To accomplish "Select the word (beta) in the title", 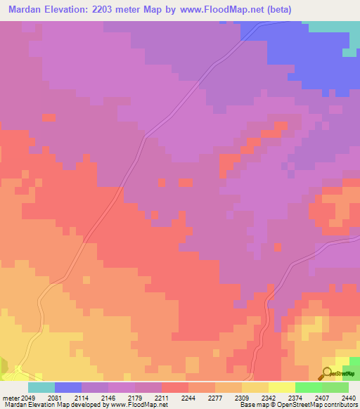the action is point(275,10).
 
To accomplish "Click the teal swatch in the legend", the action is point(41,387).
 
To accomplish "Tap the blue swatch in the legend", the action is point(67,387).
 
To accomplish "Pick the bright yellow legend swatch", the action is point(281,387).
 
